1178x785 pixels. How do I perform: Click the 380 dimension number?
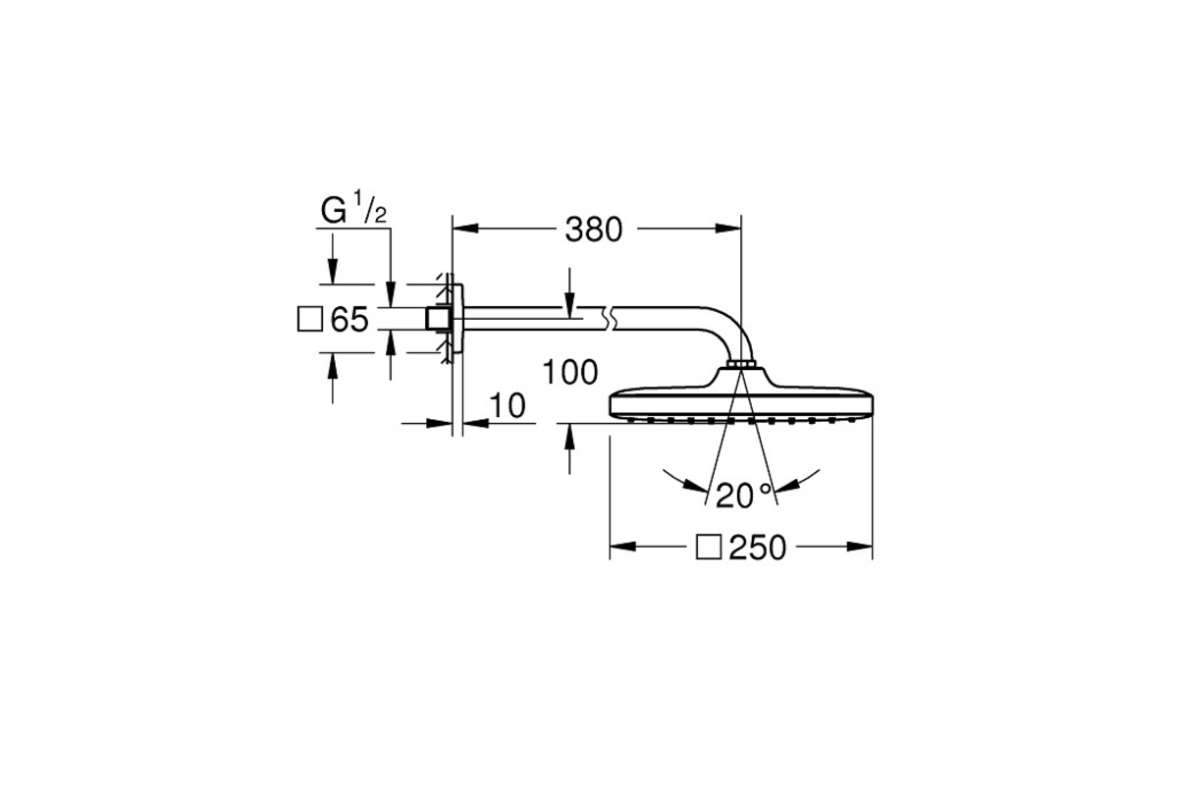point(593,230)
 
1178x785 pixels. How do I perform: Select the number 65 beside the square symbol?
point(349,319)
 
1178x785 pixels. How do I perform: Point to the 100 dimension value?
point(569,372)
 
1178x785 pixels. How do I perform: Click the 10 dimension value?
point(508,405)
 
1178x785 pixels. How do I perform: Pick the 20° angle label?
point(743,495)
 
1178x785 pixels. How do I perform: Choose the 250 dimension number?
point(758,548)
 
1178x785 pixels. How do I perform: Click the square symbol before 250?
point(709,548)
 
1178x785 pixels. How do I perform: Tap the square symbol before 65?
point(310,319)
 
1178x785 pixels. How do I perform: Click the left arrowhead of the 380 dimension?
point(465,229)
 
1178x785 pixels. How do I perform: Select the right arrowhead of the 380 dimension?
point(727,229)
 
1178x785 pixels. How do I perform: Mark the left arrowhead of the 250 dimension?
point(622,547)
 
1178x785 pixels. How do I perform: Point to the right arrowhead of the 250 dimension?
point(859,547)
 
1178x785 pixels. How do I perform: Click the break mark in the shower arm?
point(609,319)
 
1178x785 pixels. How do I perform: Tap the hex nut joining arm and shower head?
point(740,364)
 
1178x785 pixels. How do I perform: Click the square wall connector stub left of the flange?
point(438,319)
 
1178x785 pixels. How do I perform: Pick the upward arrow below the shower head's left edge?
point(569,448)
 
